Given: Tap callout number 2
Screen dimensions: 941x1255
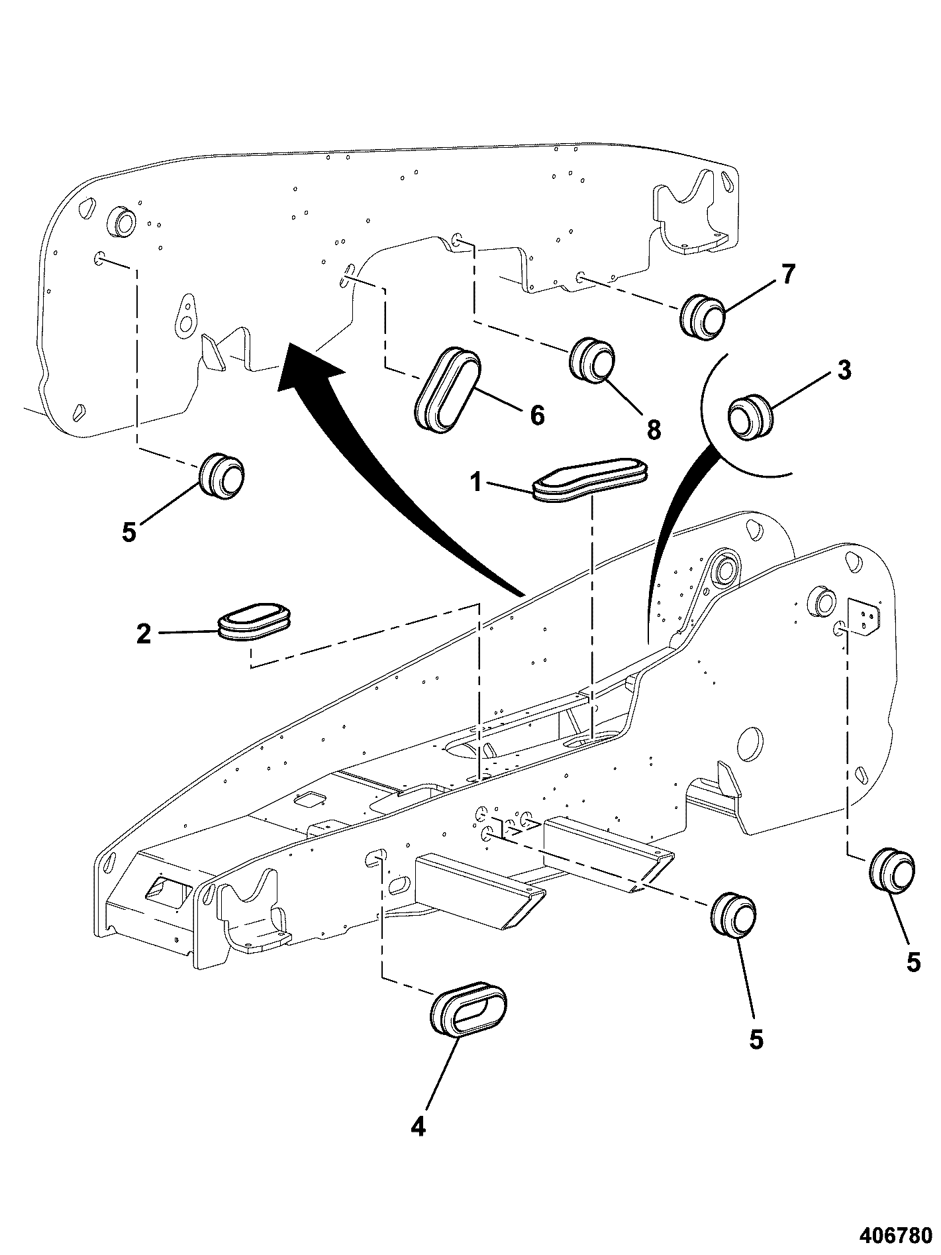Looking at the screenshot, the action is (x=144, y=633).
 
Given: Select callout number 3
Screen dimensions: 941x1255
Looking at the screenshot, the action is (x=844, y=370).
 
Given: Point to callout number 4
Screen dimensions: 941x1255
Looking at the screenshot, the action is (x=417, y=1126).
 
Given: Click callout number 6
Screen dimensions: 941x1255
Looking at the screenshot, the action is (x=537, y=416).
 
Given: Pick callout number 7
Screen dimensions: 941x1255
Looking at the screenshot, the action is (x=788, y=274).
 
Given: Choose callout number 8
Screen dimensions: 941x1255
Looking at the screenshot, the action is (x=654, y=429).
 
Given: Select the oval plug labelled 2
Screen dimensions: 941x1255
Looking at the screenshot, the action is (x=255, y=622).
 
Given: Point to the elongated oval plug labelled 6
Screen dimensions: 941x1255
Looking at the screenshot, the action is (x=448, y=389).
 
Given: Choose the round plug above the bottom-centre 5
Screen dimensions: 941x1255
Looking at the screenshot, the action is (x=733, y=915).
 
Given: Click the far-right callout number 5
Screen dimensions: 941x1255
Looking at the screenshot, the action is (x=913, y=963).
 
